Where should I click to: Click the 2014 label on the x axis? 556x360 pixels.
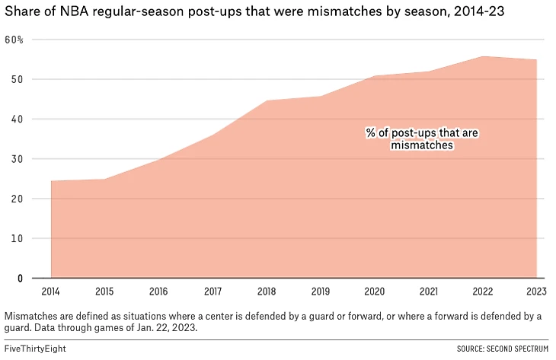point(51,291)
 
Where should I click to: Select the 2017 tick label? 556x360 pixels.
point(213,291)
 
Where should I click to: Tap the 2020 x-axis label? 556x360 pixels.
point(375,291)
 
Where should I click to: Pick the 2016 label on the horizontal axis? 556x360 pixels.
point(159,291)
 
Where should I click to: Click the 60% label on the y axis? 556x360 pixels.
point(14,40)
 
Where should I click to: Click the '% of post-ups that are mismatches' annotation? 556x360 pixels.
point(421,139)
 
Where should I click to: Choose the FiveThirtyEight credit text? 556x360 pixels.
point(34,349)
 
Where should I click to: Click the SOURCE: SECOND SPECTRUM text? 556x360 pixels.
point(502,349)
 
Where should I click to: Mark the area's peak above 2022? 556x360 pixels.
point(484,56)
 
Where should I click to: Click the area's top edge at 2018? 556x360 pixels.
point(267,100)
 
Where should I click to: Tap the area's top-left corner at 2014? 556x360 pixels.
point(51,181)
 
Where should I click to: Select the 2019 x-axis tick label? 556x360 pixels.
point(321,291)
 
